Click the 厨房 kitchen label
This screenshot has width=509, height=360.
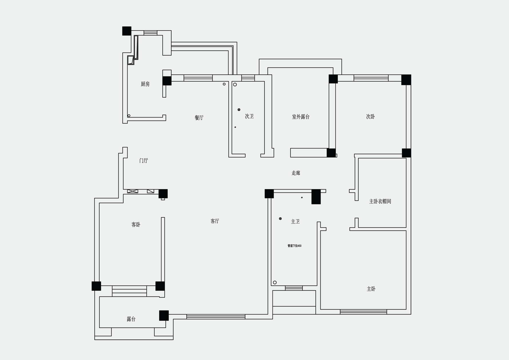[145, 84]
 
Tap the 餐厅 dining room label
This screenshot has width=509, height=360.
[199, 118]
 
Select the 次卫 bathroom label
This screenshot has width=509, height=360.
[249, 116]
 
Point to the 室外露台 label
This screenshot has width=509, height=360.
[301, 117]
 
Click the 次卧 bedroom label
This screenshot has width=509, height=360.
[371, 116]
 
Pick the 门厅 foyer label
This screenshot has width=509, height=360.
[144, 161]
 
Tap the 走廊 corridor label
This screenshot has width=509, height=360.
[296, 173]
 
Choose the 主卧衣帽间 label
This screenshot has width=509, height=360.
[380, 201]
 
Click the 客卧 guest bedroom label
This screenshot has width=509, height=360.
[136, 225]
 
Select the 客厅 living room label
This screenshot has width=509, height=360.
[215, 221]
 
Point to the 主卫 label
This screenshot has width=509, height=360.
[295, 221]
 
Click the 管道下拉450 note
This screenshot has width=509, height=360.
[295, 246]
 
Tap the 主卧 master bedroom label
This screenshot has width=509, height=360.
[371, 289]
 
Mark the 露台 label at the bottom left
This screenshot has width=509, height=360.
[131, 319]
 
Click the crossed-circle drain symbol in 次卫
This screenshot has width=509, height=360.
[239, 110]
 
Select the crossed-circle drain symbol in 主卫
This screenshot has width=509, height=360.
[281, 219]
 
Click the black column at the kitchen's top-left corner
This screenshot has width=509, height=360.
[127, 31]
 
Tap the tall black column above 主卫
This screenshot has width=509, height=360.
[316, 197]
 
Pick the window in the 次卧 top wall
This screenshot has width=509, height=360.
[371, 78]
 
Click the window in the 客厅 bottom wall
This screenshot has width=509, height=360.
[216, 317]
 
